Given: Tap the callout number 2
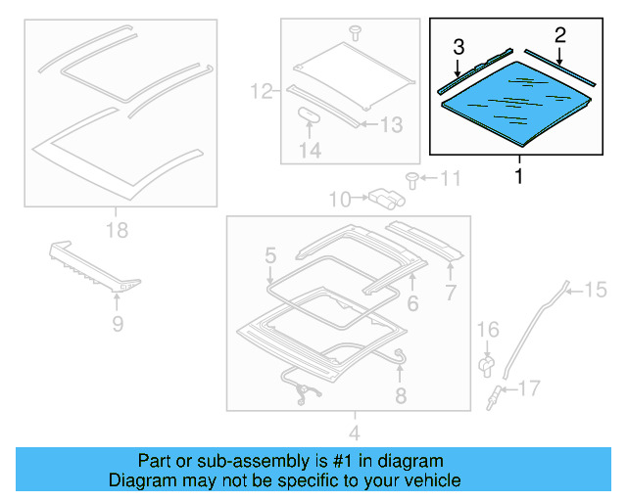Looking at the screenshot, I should (x=559, y=35).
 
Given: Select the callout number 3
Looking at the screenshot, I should (x=458, y=46).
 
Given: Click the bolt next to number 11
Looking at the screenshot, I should (x=411, y=179).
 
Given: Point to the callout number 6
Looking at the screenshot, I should (x=412, y=303).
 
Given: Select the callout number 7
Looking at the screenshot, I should (x=451, y=293).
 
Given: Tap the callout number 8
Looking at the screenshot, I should (x=400, y=395).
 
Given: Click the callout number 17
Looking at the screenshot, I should (x=528, y=389).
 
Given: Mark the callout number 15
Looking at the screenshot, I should (x=597, y=288).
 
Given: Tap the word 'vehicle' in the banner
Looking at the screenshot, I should (x=432, y=480).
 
